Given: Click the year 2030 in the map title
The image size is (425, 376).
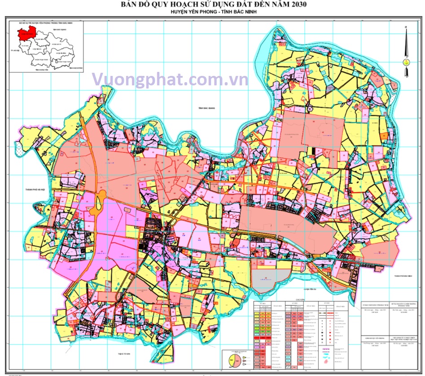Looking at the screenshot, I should coord(297,5).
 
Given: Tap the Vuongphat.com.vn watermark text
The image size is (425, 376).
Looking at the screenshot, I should coord(170,80).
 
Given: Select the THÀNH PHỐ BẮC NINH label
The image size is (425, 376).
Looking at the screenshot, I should coord(403,276).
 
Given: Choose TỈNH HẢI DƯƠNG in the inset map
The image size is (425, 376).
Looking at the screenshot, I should coord(77,68).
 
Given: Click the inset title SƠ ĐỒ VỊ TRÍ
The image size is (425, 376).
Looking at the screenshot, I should coord(40,22).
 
